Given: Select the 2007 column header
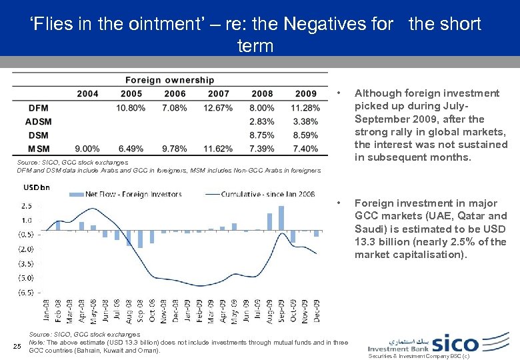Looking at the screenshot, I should (219, 94).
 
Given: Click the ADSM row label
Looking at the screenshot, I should (38, 121).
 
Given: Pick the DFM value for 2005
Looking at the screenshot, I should (131, 108).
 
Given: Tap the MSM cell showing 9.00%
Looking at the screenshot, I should (87, 148).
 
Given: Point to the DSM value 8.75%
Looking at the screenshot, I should (262, 135).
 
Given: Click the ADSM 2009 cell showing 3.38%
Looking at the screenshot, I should (305, 121).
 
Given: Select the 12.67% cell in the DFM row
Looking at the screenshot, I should (218, 108).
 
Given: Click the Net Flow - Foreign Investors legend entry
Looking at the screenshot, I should (133, 195).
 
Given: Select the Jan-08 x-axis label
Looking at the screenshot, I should (47, 312).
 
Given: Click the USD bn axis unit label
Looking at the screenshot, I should (37, 186).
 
